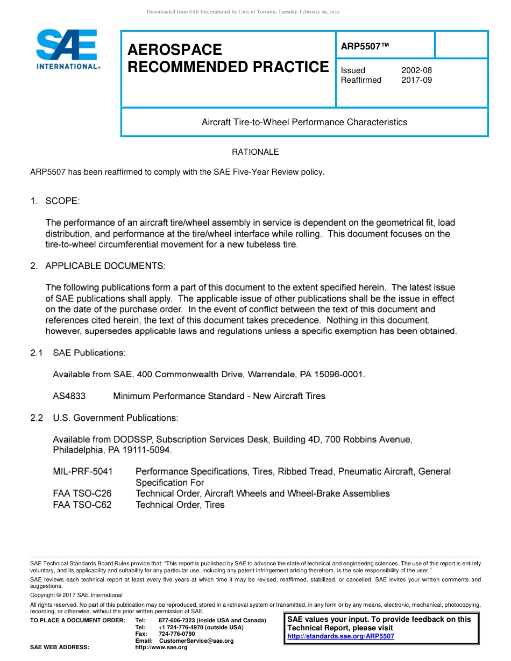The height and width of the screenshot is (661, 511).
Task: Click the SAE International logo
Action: (67, 49)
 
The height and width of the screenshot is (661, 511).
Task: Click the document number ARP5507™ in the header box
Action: (365, 47)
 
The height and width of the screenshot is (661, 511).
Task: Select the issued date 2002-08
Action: (416, 70)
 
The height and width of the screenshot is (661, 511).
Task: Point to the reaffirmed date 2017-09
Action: (416, 80)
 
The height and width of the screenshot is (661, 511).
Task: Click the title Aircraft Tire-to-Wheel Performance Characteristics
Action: (304, 122)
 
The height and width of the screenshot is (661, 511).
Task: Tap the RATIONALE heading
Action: (255, 152)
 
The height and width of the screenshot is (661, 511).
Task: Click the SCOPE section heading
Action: (62, 201)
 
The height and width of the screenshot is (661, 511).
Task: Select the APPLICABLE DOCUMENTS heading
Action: (105, 266)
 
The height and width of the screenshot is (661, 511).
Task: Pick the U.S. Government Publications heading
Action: (115, 418)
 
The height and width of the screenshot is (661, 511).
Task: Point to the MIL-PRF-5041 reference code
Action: (83, 471)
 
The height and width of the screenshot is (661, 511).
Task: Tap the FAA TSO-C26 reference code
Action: (82, 493)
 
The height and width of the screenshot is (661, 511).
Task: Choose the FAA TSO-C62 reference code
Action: (82, 505)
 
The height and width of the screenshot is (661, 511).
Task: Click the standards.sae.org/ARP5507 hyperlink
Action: (340, 636)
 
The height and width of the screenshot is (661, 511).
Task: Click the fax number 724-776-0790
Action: (177, 634)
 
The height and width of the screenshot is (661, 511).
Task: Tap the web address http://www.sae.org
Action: (161, 647)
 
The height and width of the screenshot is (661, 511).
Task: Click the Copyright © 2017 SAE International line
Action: (76, 595)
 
